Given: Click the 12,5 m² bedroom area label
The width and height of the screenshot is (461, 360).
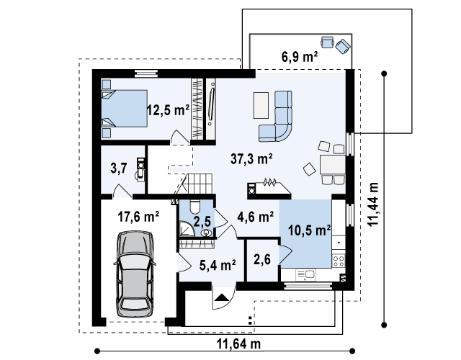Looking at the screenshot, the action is point(168,110).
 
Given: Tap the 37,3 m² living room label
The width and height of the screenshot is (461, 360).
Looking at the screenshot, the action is point(251,159).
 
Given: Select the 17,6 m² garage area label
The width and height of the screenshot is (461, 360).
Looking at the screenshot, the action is point(138,217).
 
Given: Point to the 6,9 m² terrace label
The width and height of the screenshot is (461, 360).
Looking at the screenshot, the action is point(300,56).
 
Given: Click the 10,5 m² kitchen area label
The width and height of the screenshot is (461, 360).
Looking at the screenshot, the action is point(309,230).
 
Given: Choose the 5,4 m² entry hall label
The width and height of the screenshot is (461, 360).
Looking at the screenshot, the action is point(218,265).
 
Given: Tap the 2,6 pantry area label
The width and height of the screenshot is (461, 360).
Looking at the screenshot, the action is point(262,259).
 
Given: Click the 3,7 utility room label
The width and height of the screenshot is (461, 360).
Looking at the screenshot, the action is point(119,168).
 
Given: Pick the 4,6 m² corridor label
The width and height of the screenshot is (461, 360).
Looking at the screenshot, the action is point(256,217).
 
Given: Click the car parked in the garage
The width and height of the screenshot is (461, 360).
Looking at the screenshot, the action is point(135,274).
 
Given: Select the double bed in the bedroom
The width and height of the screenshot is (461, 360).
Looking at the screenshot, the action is point(125,109).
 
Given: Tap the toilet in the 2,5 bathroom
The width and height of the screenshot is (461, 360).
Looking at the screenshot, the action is point(195,207).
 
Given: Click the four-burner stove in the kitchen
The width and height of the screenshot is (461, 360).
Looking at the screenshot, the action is point(339,261).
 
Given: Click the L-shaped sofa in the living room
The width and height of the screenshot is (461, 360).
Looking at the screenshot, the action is point(276,117).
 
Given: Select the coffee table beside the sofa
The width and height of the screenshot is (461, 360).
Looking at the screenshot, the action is point(261,106).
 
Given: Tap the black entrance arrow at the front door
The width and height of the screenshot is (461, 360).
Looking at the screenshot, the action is point(222,297).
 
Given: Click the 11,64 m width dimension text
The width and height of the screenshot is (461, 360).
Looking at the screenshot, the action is point(238,343).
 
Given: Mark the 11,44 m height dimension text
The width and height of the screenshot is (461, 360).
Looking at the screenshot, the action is point(373,204).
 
